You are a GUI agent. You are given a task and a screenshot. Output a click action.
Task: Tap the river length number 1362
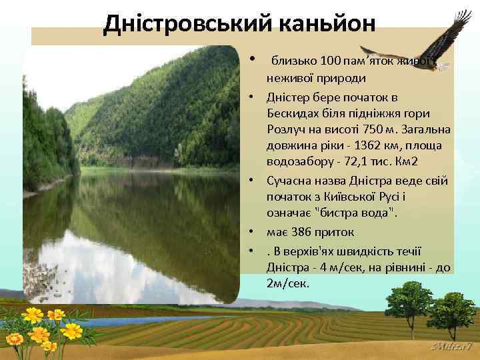[x=369, y=145]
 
